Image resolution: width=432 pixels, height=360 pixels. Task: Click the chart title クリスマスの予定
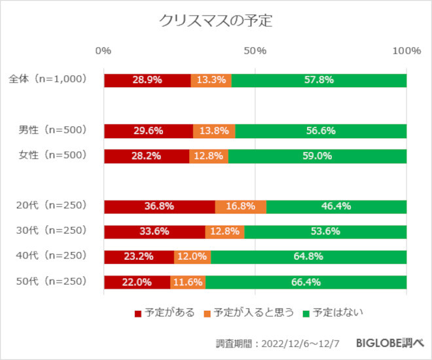tap(215, 20)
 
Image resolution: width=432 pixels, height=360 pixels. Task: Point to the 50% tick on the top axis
tap(255, 50)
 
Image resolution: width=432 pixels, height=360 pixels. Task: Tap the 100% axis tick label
tap(406, 50)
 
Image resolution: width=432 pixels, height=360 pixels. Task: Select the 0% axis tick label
tap(103, 50)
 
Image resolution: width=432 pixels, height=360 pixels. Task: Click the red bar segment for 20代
tap(159, 206)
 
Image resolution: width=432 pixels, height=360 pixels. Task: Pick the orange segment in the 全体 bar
tap(211, 80)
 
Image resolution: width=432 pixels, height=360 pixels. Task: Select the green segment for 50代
tap(306, 283)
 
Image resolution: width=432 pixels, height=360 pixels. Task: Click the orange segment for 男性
tap(214, 131)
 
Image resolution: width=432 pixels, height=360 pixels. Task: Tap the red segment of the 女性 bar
tap(146, 156)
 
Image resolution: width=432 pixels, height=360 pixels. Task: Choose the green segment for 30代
tap(325, 232)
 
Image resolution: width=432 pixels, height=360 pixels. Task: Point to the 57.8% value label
tap(319, 80)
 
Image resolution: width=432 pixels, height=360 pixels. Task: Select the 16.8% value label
tap(240, 206)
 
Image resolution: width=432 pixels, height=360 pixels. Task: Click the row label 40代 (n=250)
tap(51, 256)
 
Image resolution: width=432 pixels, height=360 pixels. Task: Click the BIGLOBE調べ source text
tap(389, 342)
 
